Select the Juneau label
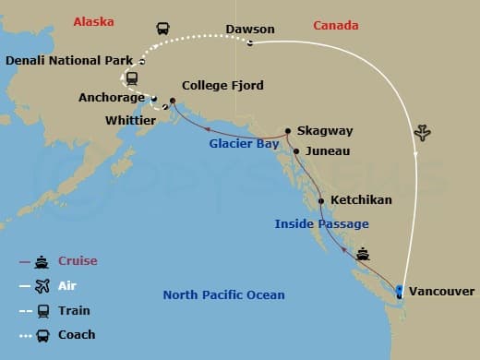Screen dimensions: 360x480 point(328,150)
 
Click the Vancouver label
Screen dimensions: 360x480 point(444,291)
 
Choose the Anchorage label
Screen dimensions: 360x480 point(112,97)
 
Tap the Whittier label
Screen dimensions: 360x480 point(131,120)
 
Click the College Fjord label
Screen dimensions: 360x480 point(222,86)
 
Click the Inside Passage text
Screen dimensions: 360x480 point(321,223)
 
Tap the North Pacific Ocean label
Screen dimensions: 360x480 point(223,295)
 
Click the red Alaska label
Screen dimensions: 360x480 point(95,19)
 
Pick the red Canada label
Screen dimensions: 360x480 point(336,25)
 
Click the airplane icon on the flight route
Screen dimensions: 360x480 point(424,133)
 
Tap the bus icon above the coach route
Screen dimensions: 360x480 point(163,30)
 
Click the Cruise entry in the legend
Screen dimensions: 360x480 point(78,261)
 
